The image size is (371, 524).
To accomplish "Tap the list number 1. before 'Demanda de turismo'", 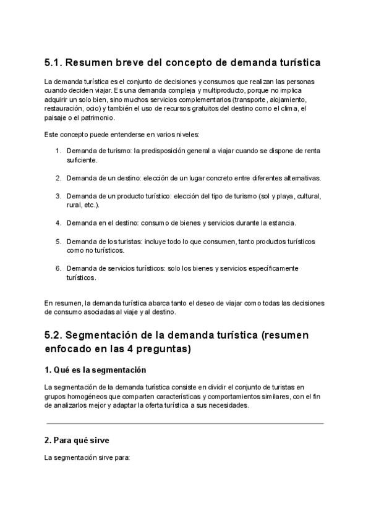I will pyautogui.click(x=58, y=151).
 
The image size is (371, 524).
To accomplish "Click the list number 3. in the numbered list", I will pyautogui.click(x=58, y=196).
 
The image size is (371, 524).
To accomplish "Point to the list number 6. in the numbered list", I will pyautogui.click(x=58, y=268).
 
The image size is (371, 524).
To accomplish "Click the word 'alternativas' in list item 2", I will pyautogui.click(x=300, y=178).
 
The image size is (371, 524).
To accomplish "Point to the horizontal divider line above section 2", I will pyautogui.click(x=185, y=423).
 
